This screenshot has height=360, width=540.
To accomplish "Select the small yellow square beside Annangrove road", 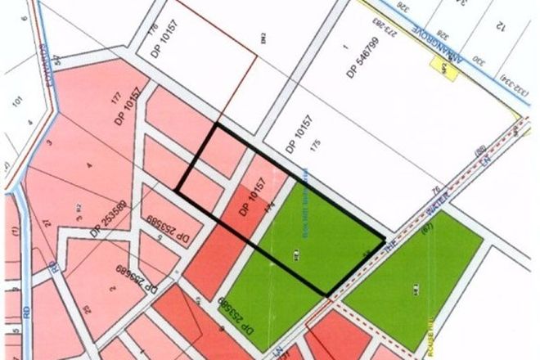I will point(442,69).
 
